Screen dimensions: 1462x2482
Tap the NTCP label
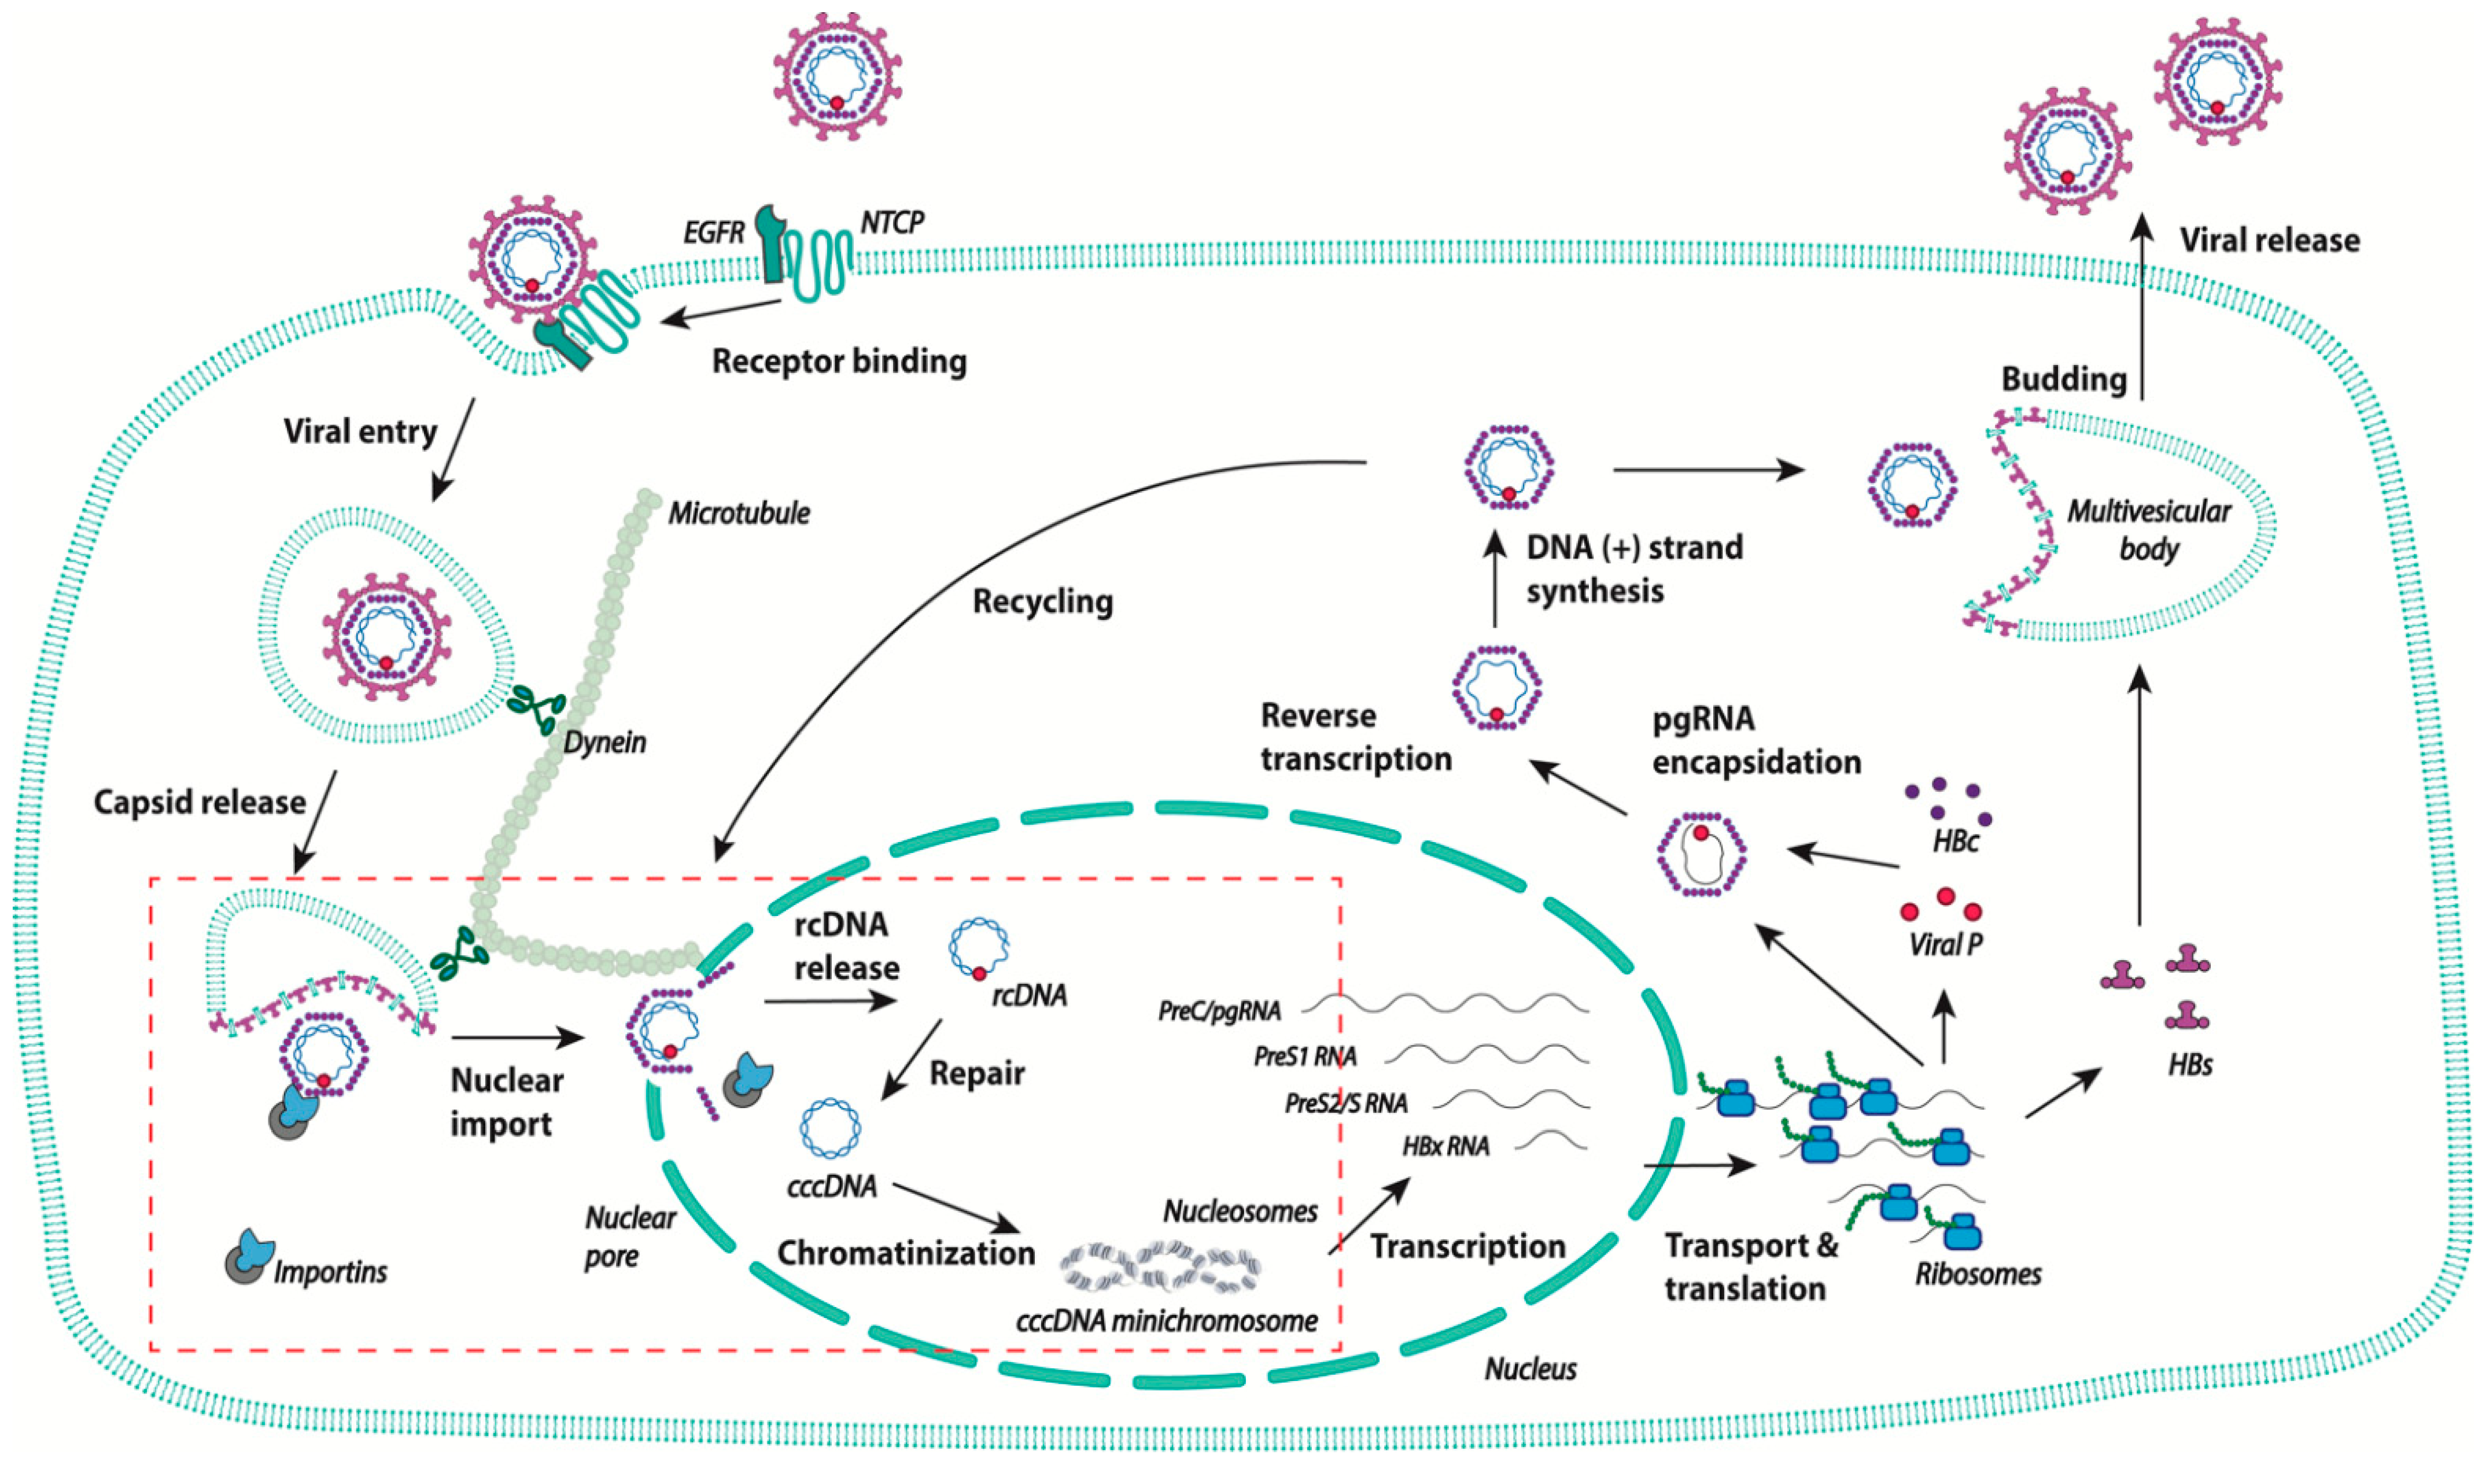click(893, 223)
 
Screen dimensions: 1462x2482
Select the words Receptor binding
click(839, 361)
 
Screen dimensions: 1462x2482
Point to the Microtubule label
click(739, 514)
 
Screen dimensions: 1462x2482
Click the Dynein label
click(605, 742)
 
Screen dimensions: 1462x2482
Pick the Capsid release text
click(200, 802)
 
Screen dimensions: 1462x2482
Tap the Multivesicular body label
click(2148, 530)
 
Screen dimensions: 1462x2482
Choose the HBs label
click(2189, 1065)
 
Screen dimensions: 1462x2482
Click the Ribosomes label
click(1978, 1274)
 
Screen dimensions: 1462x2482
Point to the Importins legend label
click(330, 1272)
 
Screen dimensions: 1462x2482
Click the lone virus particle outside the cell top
click(836, 75)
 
